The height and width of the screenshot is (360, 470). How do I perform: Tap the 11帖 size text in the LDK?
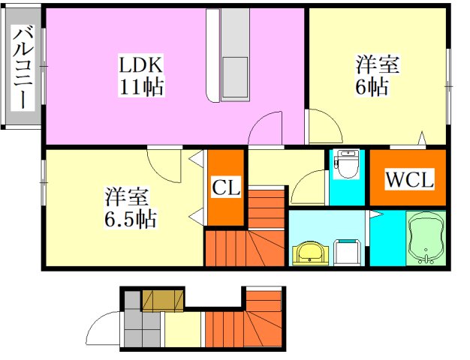coord(140,86)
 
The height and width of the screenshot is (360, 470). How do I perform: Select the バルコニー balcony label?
coord(23,68)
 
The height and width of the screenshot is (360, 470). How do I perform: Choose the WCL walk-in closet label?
coord(408,180)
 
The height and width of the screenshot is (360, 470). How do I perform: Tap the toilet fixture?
coord(347,164)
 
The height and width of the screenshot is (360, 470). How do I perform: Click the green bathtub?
coord(426,238)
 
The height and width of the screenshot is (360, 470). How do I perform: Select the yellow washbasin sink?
coord(309,254)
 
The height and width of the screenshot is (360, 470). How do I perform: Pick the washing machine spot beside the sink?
coord(348,252)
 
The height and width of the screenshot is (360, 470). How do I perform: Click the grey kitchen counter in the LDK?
coord(233,56)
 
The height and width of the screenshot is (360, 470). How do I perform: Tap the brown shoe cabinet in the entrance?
coord(163,300)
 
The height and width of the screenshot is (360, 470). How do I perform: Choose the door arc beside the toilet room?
coord(308,187)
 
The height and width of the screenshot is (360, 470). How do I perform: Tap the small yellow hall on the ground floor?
coord(183,330)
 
